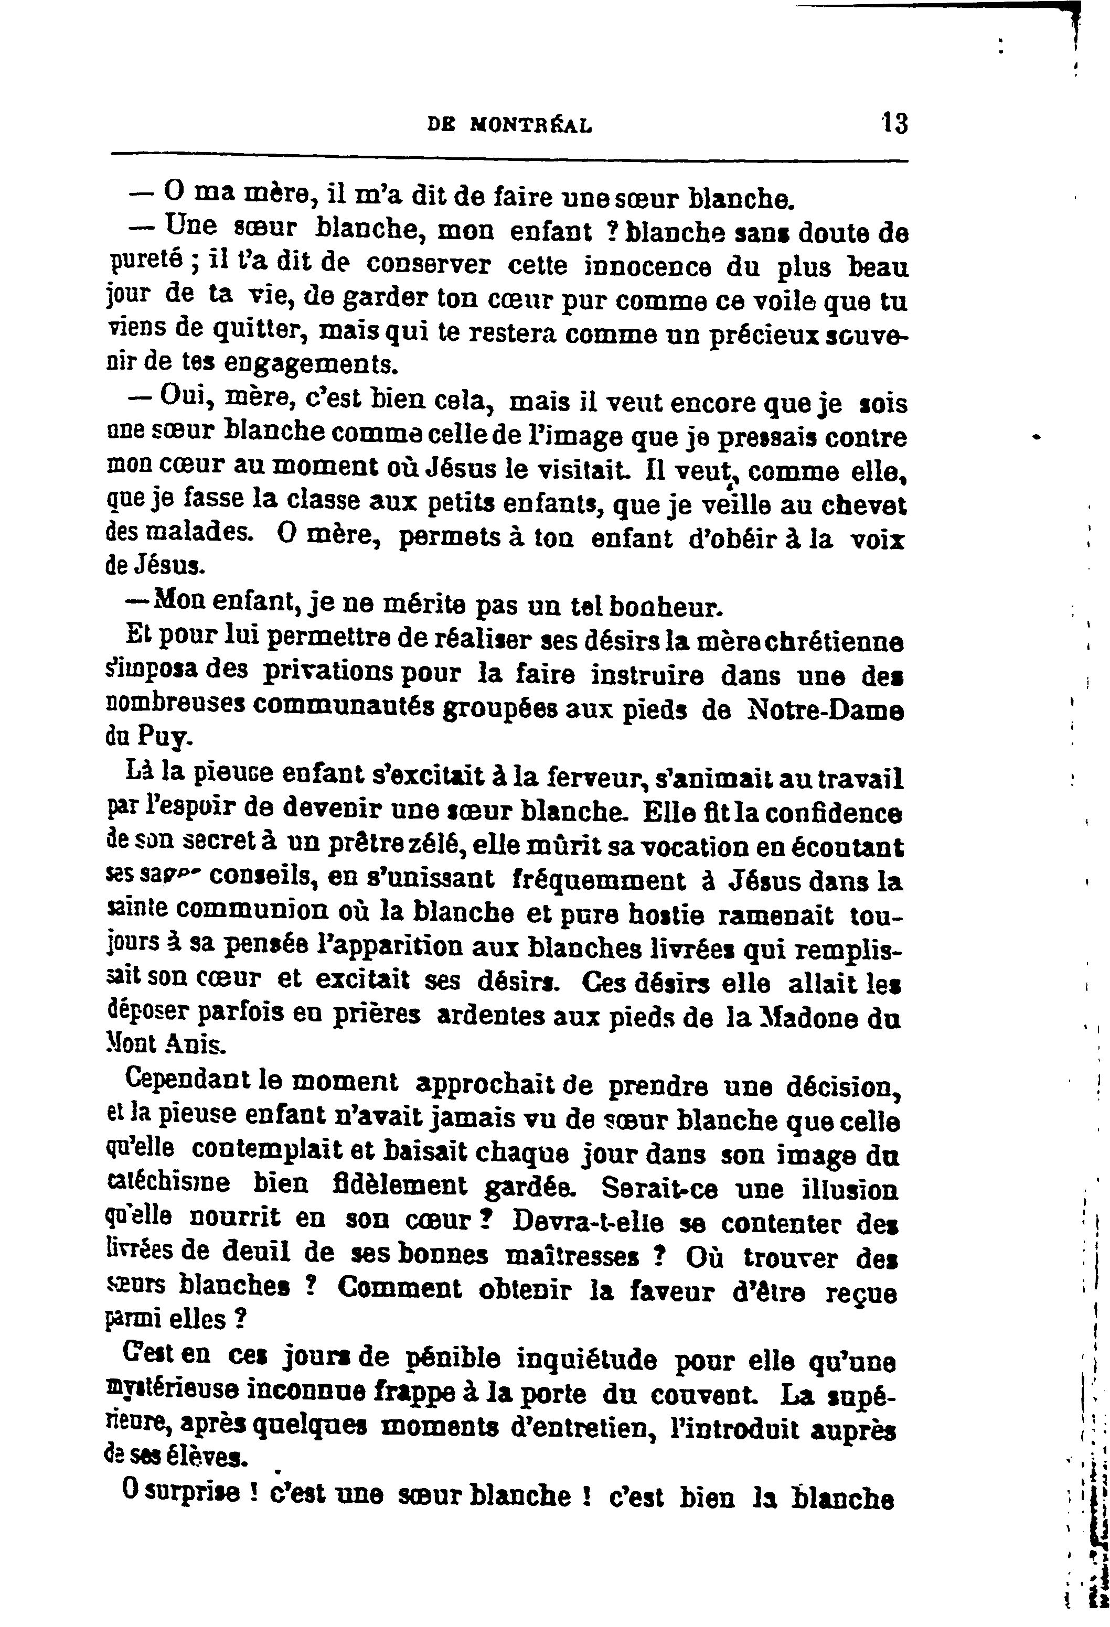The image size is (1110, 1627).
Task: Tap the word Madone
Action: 804,1017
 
